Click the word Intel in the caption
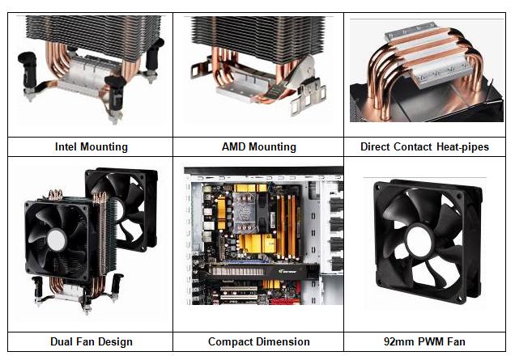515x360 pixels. pyautogui.click(x=67, y=146)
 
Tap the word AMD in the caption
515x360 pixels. pyautogui.click(x=234, y=146)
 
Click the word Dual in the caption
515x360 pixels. pyautogui.click(x=62, y=341)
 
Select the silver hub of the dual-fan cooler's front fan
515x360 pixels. pyautogui.click(x=57, y=240)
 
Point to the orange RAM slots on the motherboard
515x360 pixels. pyautogui.click(x=287, y=227)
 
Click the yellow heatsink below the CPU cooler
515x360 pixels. pyautogui.click(x=257, y=244)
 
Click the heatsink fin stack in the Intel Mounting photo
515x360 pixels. pyautogui.click(x=93, y=36)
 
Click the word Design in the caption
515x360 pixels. pyautogui.click(x=115, y=342)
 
